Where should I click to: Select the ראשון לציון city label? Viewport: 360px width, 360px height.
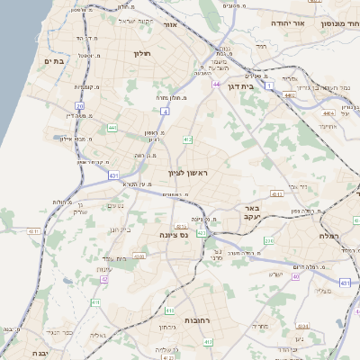186,171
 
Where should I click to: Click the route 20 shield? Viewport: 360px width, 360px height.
79,106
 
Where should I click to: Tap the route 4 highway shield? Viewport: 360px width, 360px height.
166,112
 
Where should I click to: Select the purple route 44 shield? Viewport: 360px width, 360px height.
216,84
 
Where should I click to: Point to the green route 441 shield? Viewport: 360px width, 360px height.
112,129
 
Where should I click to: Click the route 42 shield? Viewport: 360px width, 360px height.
105,280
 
